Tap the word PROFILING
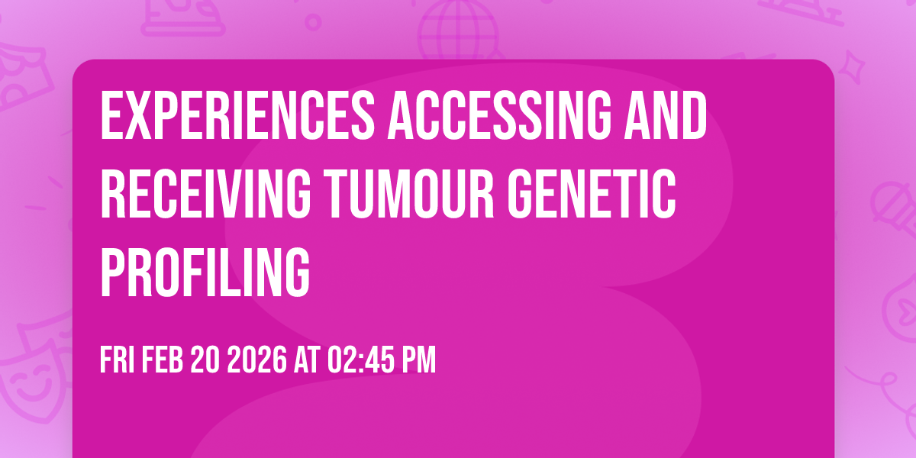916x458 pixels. pos(205,273)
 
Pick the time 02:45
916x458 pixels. pos(358,360)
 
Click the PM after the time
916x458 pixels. pos(417,360)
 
